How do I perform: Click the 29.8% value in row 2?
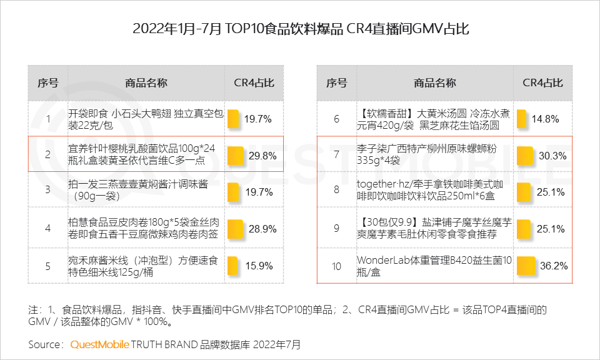point(262,156)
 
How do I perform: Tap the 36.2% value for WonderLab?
point(554,266)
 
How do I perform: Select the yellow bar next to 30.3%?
point(525,156)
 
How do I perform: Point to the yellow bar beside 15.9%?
point(232,266)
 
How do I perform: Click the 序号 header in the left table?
point(48,83)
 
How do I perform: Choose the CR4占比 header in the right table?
point(542,83)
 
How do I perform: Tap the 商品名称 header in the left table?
point(146,83)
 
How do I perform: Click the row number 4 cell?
point(48,229)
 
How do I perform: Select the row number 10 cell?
point(336,266)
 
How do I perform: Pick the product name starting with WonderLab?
point(434,266)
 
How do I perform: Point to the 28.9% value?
point(262,229)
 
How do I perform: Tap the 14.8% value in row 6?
point(546,119)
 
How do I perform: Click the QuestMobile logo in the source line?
point(100,344)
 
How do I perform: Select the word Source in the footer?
point(45,344)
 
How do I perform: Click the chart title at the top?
point(301,29)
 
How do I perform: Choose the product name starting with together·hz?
point(430,190)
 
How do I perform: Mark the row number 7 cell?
point(336,156)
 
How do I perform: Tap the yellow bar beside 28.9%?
point(236,229)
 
